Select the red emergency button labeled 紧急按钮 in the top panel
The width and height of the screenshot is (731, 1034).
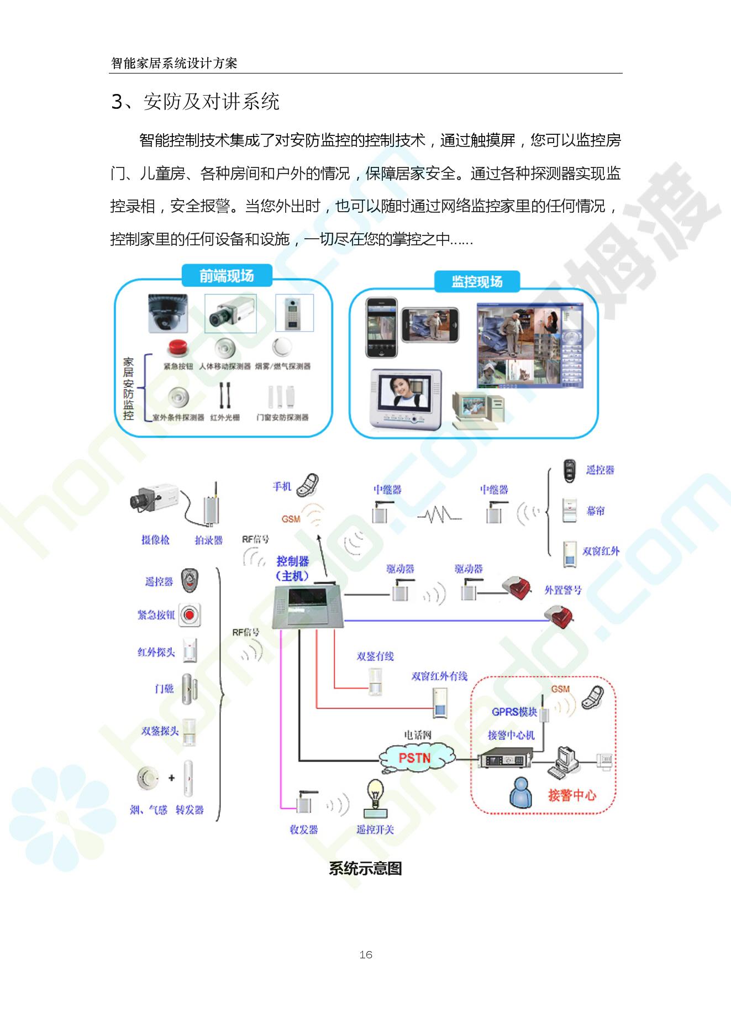pyautogui.click(x=178, y=348)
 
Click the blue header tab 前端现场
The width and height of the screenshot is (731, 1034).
pyautogui.click(x=227, y=276)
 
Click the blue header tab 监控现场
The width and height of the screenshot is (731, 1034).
pyautogui.click(x=477, y=282)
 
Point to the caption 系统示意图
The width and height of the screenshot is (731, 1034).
pyautogui.click(x=365, y=868)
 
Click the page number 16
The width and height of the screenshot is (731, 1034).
pyautogui.click(x=365, y=954)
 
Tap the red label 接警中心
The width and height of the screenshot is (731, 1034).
pyautogui.click(x=572, y=795)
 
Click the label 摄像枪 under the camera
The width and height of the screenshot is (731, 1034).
pyautogui.click(x=155, y=540)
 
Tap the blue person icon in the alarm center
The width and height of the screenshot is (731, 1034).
pyautogui.click(x=520, y=792)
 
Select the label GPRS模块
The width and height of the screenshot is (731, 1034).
pyautogui.click(x=514, y=712)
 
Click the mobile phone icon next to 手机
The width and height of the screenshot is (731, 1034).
pyautogui.click(x=308, y=485)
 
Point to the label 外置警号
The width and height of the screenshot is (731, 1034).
pyautogui.click(x=563, y=590)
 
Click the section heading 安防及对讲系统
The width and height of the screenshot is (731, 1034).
pyautogui.click(x=211, y=102)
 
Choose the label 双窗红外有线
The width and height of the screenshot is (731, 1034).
pyautogui.click(x=439, y=676)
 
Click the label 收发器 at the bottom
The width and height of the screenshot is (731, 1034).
pyautogui.click(x=304, y=830)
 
